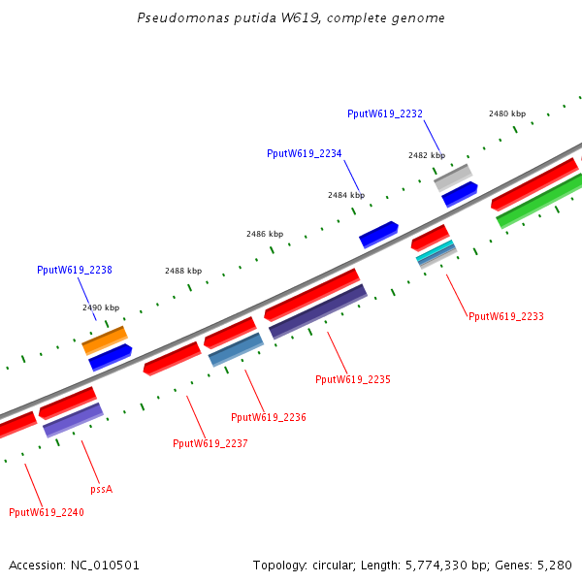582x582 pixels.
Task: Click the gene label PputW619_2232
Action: [x=385, y=113]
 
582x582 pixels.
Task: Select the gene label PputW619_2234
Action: [x=305, y=153]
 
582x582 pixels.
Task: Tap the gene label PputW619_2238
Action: [x=75, y=270]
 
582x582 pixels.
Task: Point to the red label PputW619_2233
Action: [x=505, y=316]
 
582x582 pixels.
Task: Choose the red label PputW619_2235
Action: [x=353, y=379]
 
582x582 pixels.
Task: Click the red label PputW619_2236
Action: [x=269, y=417]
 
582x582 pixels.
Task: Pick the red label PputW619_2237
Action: [x=210, y=443]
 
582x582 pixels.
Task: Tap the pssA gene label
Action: [x=101, y=489]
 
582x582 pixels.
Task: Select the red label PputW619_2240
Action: [x=47, y=512]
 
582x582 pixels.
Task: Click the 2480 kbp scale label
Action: [x=506, y=113]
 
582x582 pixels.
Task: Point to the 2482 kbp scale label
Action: [x=426, y=155]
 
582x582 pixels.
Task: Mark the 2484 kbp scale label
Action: [x=345, y=195]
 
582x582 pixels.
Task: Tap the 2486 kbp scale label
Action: [x=265, y=234]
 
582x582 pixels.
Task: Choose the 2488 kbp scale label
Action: [x=183, y=271]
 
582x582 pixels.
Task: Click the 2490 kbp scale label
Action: [x=101, y=307]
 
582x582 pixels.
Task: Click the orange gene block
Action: [x=105, y=339]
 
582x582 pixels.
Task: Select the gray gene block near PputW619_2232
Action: [x=453, y=178]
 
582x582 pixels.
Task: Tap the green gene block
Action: [x=540, y=201]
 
